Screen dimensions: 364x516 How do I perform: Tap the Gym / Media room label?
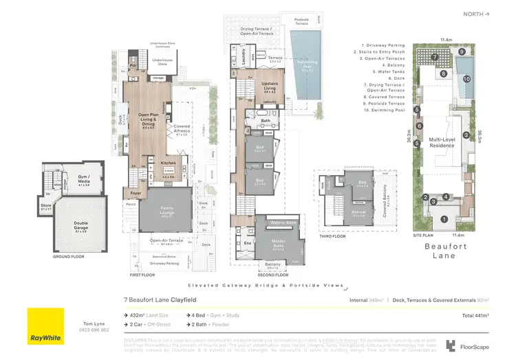tap(85, 178)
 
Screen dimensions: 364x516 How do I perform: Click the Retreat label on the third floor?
tap(359, 212)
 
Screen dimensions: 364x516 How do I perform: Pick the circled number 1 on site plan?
tap(444, 220)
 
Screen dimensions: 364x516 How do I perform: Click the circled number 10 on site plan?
tap(466, 79)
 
